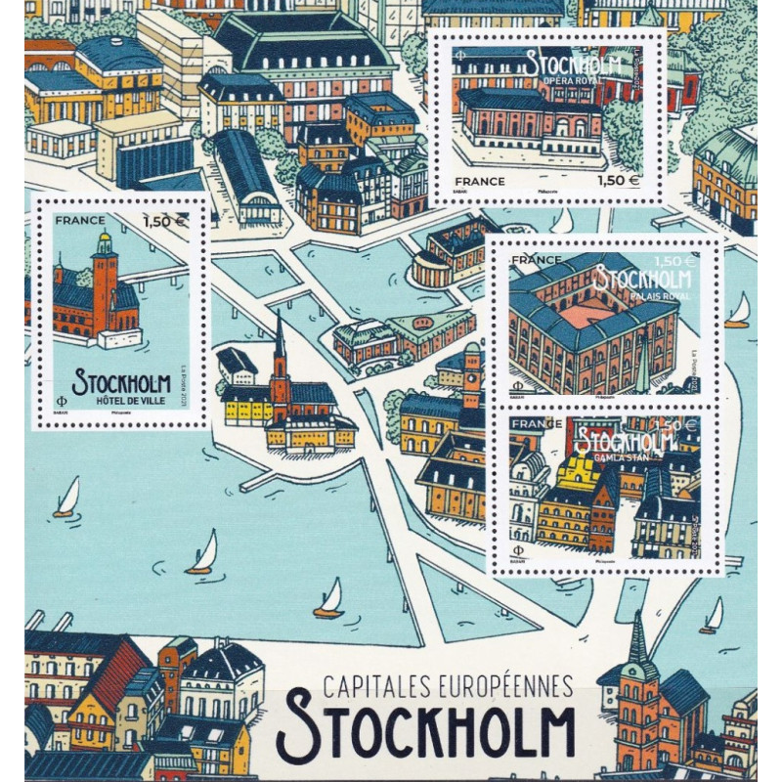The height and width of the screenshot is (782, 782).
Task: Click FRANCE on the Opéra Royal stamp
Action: [479, 181]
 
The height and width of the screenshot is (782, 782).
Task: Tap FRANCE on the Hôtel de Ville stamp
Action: [79, 221]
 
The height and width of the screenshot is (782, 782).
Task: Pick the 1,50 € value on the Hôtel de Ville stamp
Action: [164, 221]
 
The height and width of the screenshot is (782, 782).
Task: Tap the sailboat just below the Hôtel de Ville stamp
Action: [66, 499]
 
